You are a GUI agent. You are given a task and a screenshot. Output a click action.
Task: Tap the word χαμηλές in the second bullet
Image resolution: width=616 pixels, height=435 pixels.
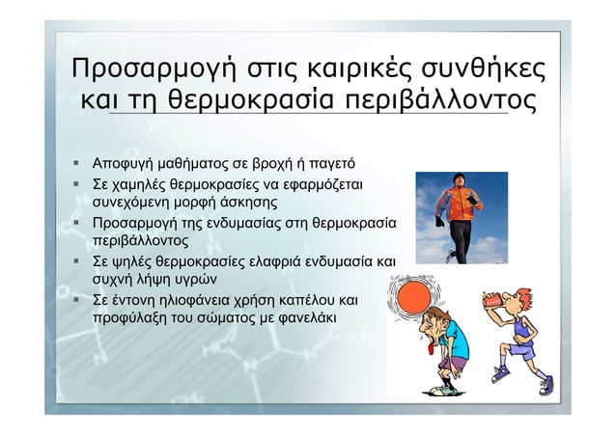pos(144,181)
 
